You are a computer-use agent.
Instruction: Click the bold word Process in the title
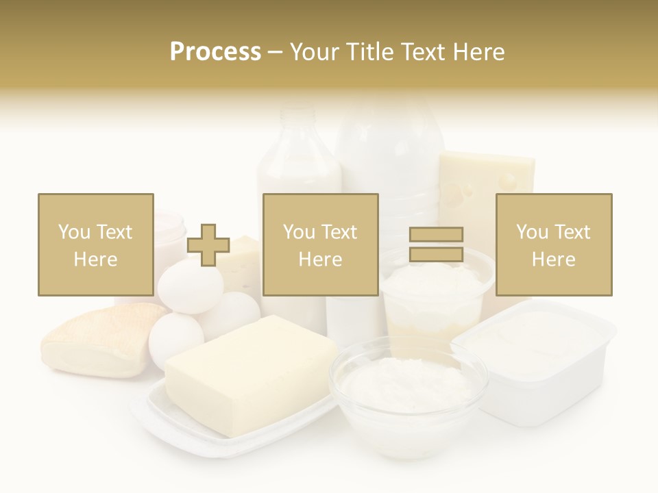215,51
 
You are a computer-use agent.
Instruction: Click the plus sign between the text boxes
208,245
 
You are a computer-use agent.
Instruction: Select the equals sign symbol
436,244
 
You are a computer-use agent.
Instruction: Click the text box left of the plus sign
95,244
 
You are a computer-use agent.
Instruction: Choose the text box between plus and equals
320,244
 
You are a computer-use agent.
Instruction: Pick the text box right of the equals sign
553,244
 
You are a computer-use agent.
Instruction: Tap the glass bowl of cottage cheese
409,387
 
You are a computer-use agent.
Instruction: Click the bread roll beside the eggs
96,339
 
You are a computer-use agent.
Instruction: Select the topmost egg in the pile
188,284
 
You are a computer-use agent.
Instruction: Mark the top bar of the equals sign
436,235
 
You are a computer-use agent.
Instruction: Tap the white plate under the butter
206,425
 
